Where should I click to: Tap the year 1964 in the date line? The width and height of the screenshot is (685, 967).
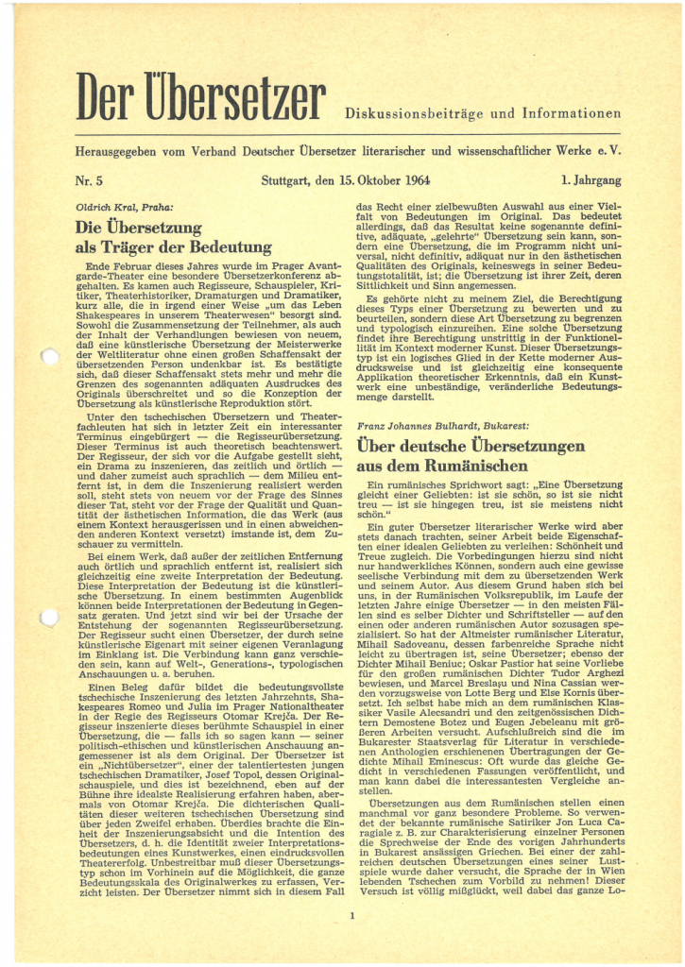386,179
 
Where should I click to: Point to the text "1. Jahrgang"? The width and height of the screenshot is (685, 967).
590,179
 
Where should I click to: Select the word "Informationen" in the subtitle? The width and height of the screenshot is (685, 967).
575,114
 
